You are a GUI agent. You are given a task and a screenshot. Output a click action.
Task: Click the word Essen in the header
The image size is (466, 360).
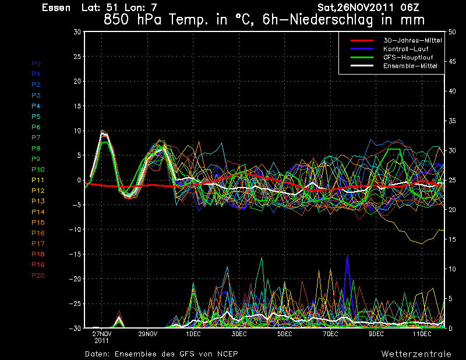[56, 8]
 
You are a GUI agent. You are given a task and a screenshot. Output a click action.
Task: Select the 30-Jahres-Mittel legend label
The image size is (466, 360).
[412, 40]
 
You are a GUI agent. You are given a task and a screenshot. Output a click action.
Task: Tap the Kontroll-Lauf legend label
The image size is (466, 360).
[405, 49]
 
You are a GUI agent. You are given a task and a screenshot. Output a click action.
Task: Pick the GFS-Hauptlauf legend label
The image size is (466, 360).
[408, 57]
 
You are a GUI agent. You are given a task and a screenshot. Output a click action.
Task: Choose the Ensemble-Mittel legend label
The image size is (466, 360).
[410, 66]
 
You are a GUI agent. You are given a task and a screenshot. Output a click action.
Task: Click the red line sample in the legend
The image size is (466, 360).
[362, 40]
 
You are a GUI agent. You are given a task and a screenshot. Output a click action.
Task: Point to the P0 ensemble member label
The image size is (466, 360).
[36, 63]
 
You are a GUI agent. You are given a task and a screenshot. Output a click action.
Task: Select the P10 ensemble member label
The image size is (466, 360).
[38, 170]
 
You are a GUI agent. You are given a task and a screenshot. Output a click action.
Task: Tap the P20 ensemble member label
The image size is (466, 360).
[38, 276]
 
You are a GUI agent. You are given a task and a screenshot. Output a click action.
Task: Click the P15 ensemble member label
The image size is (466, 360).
[38, 223]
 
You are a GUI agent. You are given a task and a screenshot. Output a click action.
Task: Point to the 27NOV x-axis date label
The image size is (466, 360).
[101, 334]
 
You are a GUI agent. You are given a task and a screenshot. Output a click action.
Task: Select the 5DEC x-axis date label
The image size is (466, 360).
[285, 334]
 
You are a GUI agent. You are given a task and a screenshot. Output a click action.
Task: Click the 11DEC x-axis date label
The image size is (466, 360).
[422, 334]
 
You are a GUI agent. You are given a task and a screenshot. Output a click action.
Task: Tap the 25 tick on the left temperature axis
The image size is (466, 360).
[77, 56]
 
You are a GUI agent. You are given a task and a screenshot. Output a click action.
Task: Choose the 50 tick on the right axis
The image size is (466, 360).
[452, 32]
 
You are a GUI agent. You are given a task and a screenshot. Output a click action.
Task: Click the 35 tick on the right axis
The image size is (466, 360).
[452, 121]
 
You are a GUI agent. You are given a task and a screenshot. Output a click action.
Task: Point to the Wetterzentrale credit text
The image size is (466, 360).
[416, 354]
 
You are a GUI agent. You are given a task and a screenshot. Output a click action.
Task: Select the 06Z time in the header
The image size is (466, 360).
[409, 8]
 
